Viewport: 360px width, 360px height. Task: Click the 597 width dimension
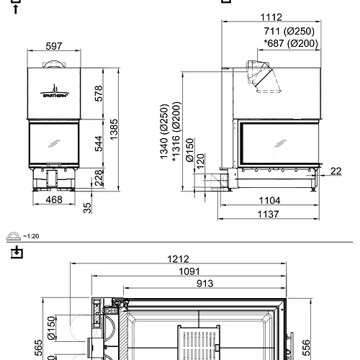point(54,46)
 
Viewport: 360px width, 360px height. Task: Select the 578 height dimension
point(100,94)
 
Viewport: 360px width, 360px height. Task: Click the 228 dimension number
point(100,177)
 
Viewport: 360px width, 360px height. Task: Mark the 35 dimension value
point(88,208)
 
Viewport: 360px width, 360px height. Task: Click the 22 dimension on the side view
point(337,171)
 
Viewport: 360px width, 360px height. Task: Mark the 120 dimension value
point(200,160)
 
